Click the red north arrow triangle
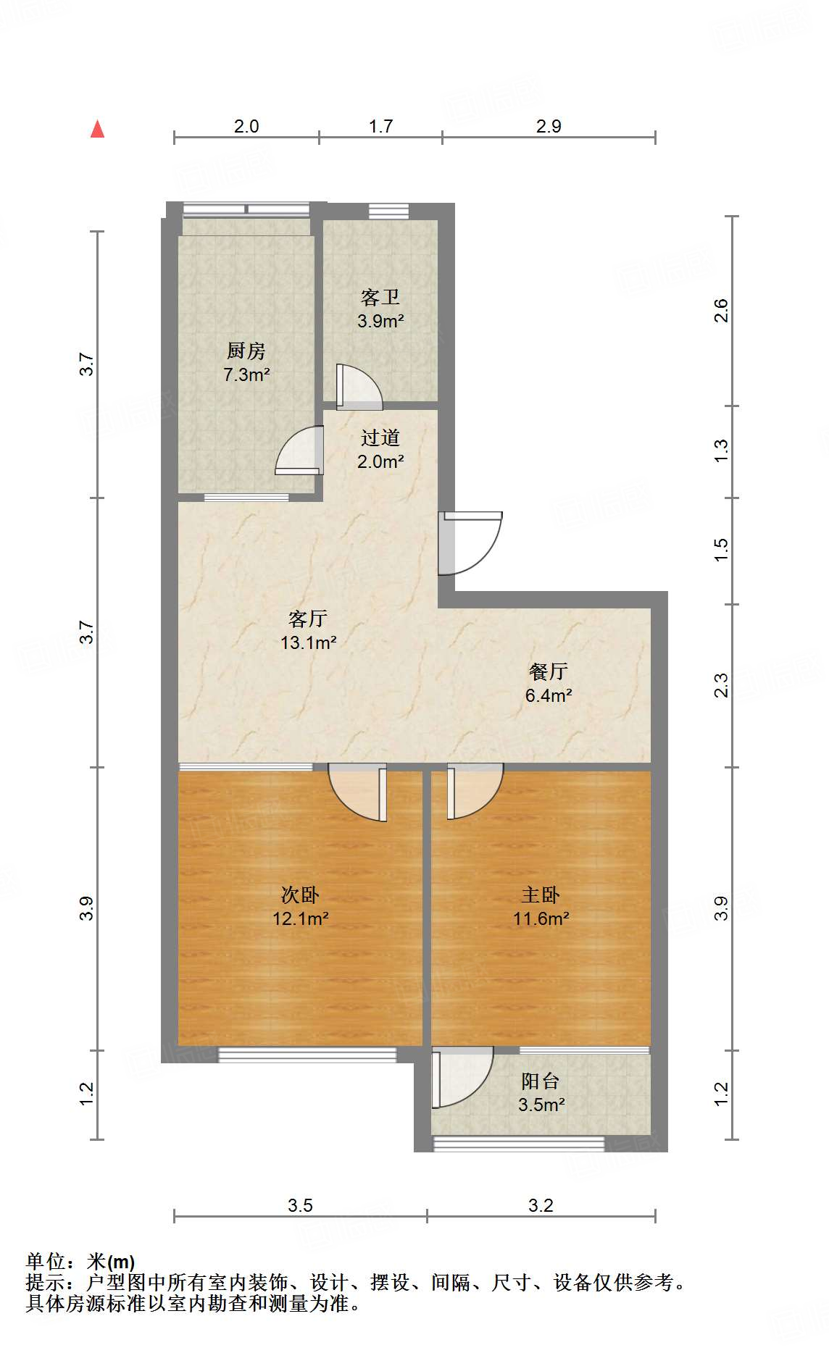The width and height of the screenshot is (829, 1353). (97, 130)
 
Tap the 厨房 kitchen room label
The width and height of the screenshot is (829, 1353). (246, 351)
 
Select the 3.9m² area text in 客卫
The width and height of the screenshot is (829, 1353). (380, 321)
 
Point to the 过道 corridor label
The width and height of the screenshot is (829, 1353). (380, 437)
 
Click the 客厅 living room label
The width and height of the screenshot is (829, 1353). (308, 619)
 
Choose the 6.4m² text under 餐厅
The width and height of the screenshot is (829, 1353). (549, 695)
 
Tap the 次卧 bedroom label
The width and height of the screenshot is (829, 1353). (300, 895)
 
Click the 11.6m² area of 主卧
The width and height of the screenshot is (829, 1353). (541, 919)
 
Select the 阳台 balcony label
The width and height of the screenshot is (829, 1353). (541, 1081)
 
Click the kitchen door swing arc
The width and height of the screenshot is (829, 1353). (297, 451)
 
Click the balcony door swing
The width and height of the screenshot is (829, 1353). (462, 1078)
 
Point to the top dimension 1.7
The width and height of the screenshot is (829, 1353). (380, 126)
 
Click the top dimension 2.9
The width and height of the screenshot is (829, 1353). (549, 126)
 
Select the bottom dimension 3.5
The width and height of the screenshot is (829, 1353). (300, 1205)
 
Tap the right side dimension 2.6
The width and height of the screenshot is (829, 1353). (721, 311)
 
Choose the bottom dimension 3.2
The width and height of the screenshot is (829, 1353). (541, 1205)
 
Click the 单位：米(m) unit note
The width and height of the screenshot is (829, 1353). (80, 1262)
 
